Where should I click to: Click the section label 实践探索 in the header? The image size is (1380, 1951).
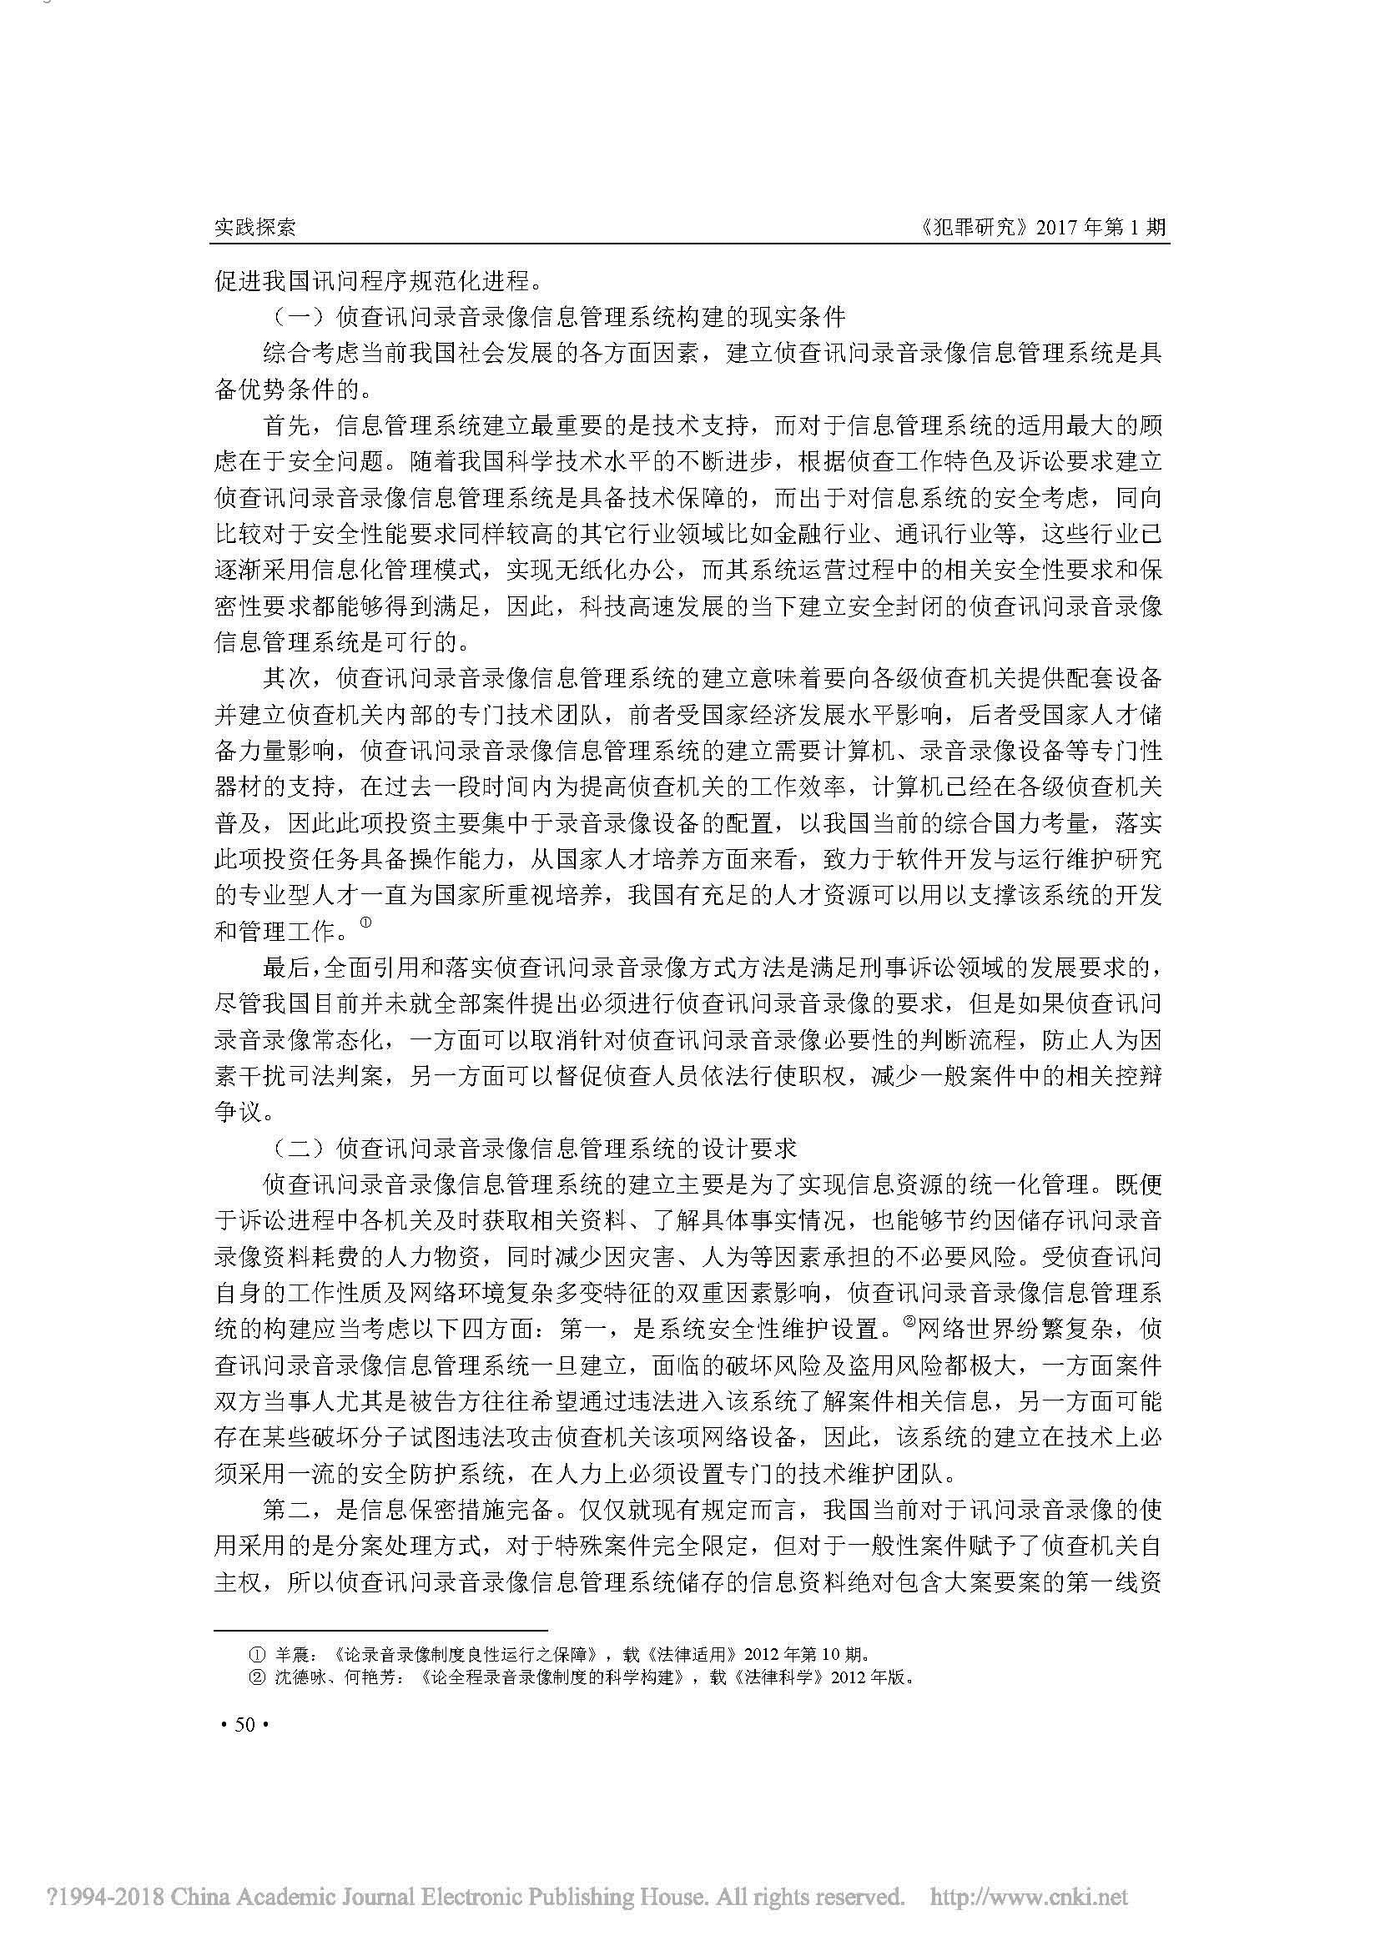[x=254, y=228]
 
